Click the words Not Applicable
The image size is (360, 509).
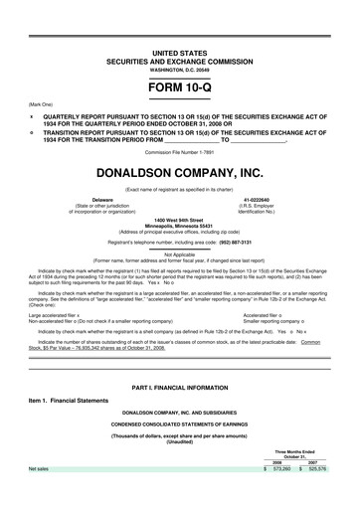pos(180,254)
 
